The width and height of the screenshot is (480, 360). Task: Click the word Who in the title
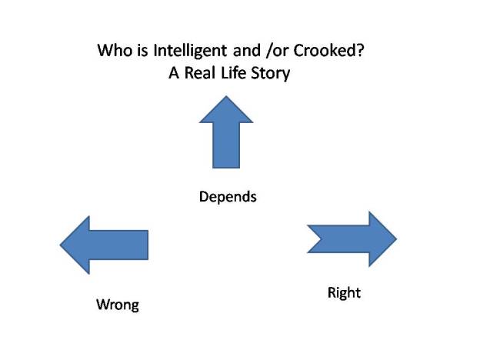[x=112, y=52]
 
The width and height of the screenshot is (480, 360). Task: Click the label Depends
[x=228, y=196]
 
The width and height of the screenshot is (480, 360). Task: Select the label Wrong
[x=118, y=304]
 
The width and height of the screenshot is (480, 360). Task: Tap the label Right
[x=344, y=292]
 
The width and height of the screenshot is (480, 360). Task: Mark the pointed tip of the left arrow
[x=62, y=245]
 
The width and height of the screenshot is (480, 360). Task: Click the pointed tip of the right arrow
[x=395, y=238]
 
